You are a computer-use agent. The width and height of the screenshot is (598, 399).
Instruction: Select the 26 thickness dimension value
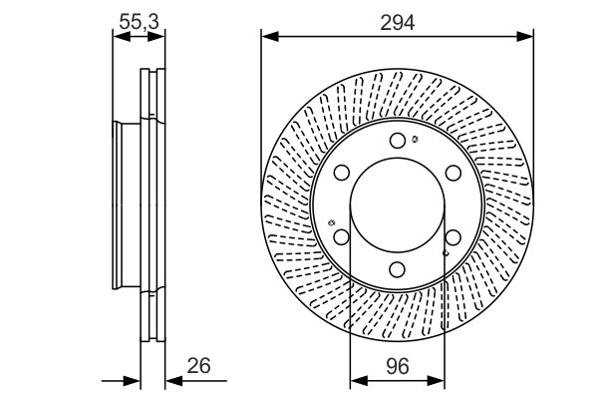[199, 365]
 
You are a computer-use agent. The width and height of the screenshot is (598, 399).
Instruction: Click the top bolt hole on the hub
[397, 140]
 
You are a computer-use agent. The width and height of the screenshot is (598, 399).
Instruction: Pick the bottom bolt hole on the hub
[397, 268]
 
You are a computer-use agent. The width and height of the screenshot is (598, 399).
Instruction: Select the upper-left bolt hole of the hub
[341, 172]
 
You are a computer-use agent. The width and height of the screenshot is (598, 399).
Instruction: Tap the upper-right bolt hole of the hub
[452, 172]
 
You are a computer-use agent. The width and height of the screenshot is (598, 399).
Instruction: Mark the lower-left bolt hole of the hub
[341, 236]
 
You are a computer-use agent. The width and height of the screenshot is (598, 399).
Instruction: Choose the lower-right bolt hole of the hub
[452, 236]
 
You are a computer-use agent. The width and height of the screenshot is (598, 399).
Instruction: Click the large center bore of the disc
[397, 204]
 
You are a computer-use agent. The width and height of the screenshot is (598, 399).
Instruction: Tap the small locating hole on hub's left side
[330, 221]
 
